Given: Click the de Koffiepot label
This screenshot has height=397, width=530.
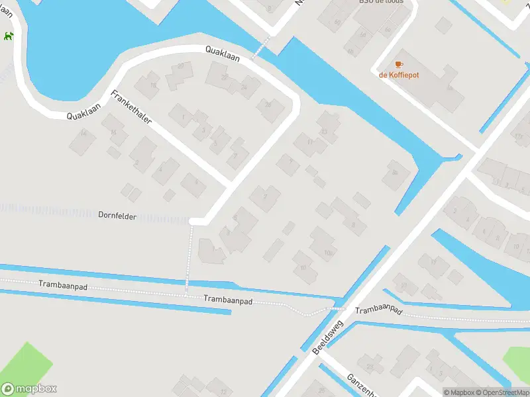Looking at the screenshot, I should pos(399,75).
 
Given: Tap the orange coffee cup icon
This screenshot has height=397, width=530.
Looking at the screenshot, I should pos(398,64).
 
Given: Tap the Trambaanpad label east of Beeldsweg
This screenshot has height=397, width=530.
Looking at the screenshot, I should pos(379,310).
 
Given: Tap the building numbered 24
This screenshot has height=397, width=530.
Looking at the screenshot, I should pos(244,86).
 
